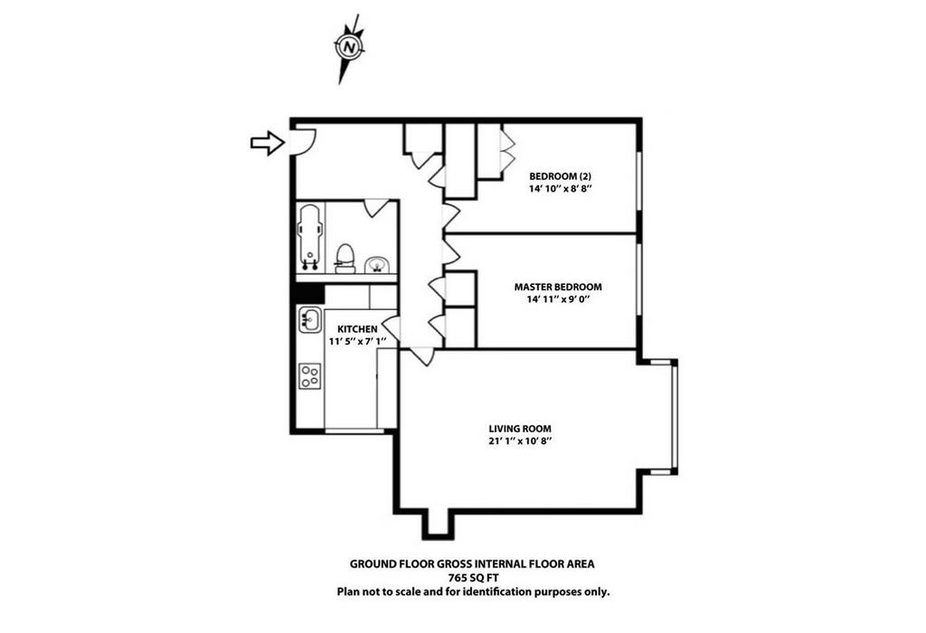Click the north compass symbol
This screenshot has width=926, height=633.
[x=348, y=47]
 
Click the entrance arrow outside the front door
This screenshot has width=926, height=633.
[x=268, y=142]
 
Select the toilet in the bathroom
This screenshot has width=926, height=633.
[x=345, y=259]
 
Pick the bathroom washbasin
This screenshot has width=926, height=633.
[x=375, y=265]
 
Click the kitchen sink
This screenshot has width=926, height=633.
[x=310, y=319]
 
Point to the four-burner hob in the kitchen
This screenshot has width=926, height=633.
[x=310, y=376]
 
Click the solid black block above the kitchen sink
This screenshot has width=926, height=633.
[x=310, y=294]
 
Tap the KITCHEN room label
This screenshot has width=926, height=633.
[x=357, y=329]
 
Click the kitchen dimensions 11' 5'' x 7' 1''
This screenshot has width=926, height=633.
[x=357, y=341]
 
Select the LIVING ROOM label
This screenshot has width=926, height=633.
[x=520, y=429]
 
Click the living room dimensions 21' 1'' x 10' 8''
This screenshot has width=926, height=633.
[x=520, y=441]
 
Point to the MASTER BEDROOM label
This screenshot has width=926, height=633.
[x=558, y=287]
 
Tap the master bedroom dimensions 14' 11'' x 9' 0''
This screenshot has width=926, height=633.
[x=559, y=299]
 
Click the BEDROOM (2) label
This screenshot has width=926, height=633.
[x=561, y=176]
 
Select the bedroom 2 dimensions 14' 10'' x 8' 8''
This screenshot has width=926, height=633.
[x=561, y=189]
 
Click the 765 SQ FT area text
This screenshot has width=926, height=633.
[x=472, y=578]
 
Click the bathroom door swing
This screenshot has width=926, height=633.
[x=375, y=207]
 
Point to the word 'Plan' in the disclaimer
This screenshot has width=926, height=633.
[x=348, y=591]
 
